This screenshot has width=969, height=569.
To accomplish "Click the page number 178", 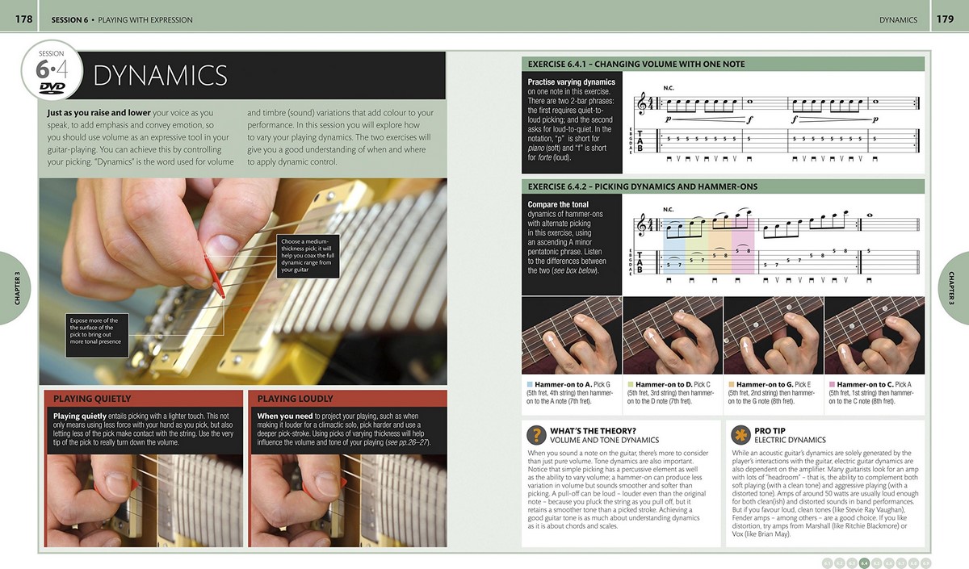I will point(23,19).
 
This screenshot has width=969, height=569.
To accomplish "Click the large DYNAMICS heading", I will point(160,76).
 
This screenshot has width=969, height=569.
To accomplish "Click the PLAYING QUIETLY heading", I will point(92,399).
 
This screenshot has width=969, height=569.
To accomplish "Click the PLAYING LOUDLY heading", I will point(295,399).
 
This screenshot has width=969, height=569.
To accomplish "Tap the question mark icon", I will point(535,435).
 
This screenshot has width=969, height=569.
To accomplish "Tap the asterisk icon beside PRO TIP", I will point(739,435).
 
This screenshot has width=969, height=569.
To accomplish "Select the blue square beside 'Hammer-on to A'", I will point(530,385).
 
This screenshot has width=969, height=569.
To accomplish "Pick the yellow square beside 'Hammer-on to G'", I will point(731,385).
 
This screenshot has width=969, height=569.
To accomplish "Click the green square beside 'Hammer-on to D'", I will point(630,385).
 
